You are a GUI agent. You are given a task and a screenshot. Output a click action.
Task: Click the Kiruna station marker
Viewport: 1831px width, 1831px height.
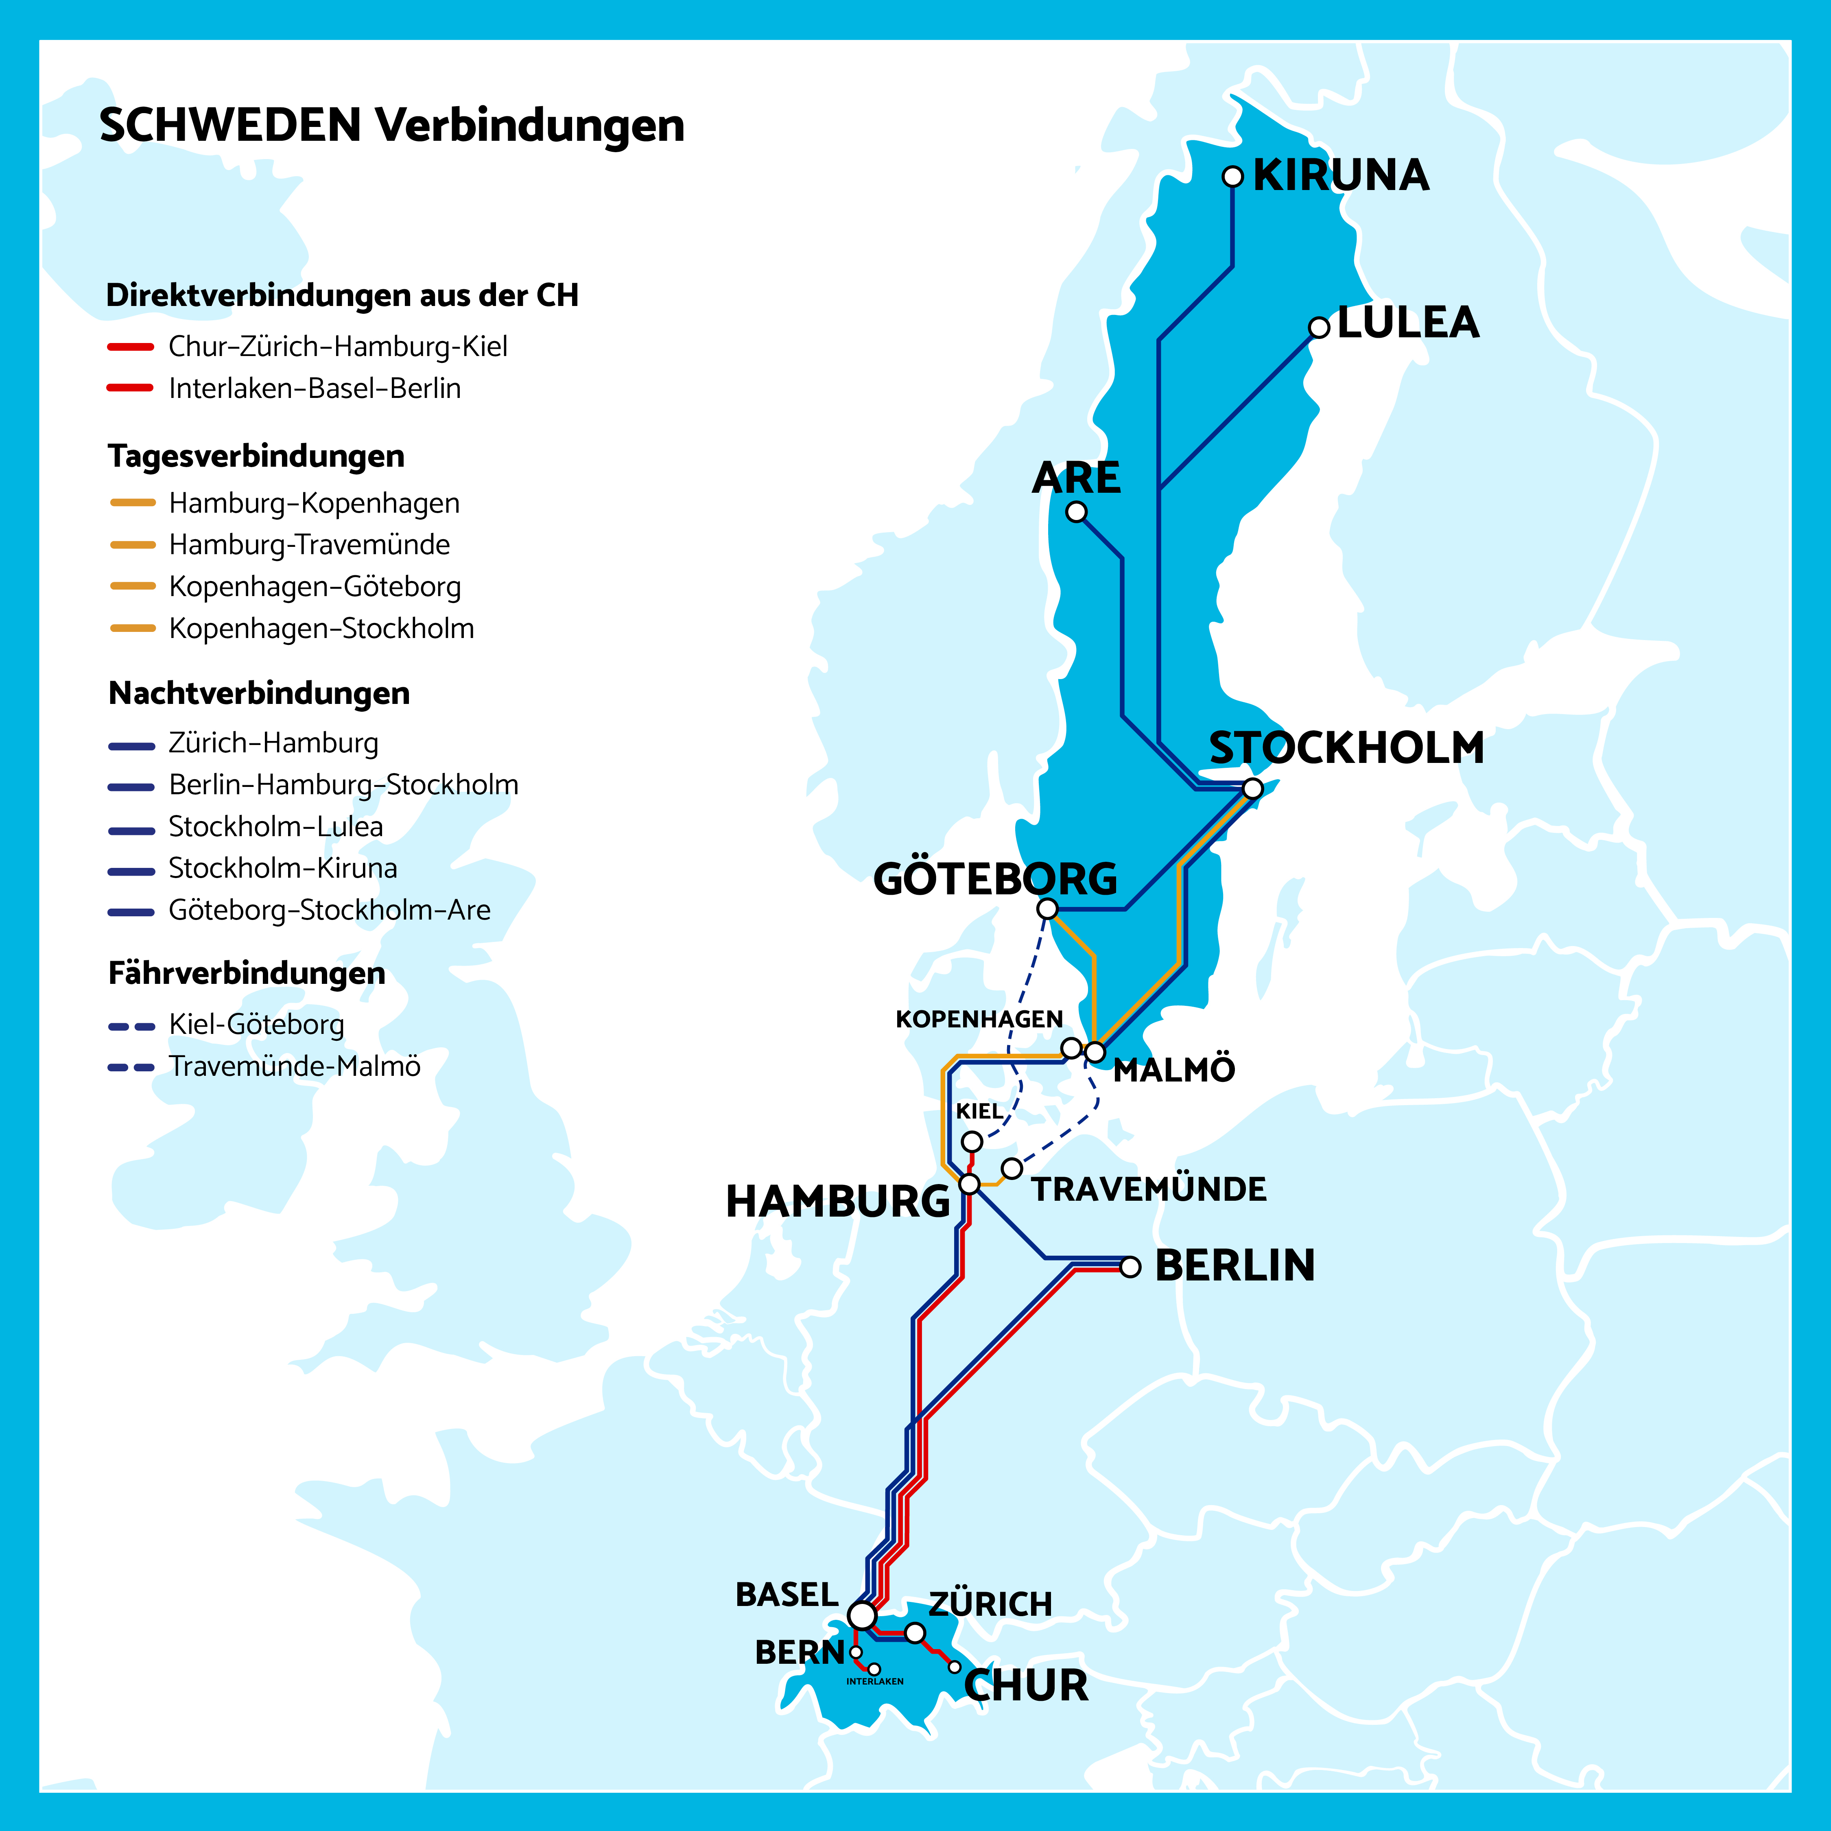click(1232, 176)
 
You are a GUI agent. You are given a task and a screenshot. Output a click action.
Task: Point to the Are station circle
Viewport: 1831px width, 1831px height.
click(1076, 512)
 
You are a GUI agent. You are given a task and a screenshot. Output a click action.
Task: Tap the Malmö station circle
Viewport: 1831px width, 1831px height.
click(1095, 1052)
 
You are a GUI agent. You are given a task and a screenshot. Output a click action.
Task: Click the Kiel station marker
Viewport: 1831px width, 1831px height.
click(971, 1141)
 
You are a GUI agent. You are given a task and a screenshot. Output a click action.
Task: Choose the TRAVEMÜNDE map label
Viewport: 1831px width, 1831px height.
click(1149, 1189)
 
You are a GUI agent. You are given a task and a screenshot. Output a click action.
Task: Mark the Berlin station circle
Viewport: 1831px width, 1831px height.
click(1130, 1267)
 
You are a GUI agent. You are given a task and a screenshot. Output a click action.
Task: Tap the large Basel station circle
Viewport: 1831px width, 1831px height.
click(861, 1615)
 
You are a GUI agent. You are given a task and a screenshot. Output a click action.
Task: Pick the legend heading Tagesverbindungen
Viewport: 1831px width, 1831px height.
click(256, 456)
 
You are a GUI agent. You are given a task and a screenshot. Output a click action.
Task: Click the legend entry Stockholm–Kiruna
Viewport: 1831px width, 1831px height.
click(282, 868)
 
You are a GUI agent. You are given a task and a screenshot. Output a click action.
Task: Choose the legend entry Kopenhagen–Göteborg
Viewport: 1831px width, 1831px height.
click(315, 587)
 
